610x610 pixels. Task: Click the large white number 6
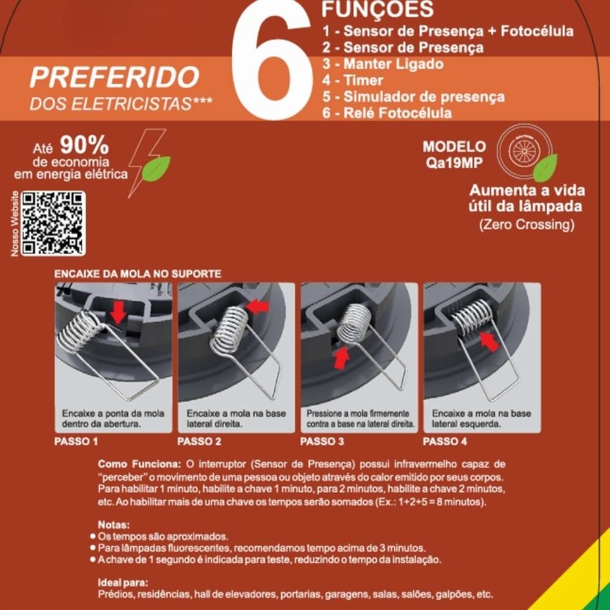point(272,62)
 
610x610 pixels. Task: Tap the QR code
point(53,223)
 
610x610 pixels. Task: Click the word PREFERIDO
point(115,77)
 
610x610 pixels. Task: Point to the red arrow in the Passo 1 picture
point(119,312)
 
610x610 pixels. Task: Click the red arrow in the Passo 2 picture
point(257,307)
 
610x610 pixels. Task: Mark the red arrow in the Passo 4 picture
point(489,341)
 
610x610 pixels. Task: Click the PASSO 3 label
point(322,442)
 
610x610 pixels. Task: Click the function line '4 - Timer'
point(353,81)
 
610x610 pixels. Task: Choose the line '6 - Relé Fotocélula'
point(387,113)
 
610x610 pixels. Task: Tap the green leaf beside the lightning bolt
point(156,168)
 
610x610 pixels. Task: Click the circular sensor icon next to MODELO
point(525,150)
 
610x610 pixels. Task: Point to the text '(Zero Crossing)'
point(527,224)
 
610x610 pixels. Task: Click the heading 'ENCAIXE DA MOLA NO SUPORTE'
point(138,274)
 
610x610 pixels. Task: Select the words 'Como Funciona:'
point(139,464)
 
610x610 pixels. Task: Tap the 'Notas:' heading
point(113,525)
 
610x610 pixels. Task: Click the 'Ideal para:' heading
point(123,583)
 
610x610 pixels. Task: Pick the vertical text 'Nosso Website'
point(15,224)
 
